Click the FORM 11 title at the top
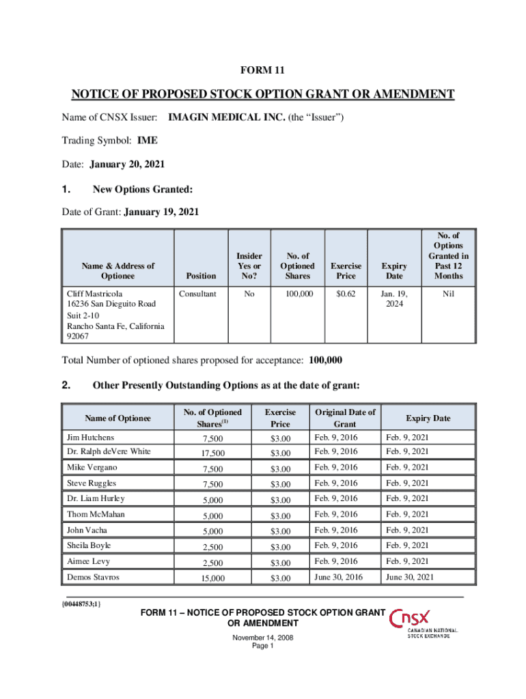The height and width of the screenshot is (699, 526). click(x=262, y=70)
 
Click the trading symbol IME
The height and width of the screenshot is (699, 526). click(x=147, y=141)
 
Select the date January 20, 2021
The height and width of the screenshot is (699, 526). click(x=125, y=165)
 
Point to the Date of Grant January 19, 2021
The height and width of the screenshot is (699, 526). click(x=161, y=212)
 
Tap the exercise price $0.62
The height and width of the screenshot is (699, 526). click(x=346, y=294)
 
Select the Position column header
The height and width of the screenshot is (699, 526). click(x=202, y=276)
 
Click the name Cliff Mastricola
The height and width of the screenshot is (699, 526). click(x=94, y=294)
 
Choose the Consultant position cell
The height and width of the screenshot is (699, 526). click(x=197, y=294)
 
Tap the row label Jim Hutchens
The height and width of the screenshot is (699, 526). click(x=90, y=437)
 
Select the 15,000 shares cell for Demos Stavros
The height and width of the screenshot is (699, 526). click(x=209, y=578)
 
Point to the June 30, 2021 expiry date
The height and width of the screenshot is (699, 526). click(x=410, y=577)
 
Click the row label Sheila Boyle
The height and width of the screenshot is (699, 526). click(x=89, y=545)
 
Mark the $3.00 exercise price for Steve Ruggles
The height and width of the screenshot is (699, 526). click(x=280, y=484)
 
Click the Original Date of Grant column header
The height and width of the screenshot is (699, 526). click(x=345, y=418)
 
